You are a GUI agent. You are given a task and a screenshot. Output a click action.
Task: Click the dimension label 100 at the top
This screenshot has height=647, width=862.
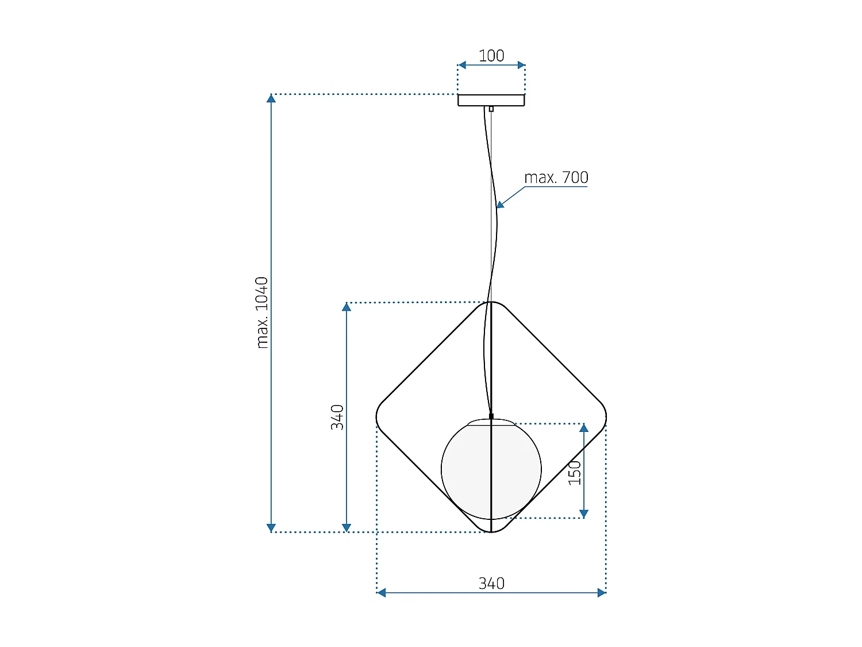[491, 56]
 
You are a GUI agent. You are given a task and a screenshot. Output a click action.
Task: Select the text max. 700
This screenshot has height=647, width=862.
[556, 178]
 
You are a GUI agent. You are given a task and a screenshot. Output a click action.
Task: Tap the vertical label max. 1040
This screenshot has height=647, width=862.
[262, 312]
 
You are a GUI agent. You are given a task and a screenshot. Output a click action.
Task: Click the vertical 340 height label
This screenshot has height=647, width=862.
[337, 417]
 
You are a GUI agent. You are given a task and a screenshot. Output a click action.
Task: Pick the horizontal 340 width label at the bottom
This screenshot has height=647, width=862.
[491, 583]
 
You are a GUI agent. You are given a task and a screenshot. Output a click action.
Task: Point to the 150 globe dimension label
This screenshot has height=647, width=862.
[575, 472]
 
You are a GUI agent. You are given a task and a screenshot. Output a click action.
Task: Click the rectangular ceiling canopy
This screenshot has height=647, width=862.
[491, 100]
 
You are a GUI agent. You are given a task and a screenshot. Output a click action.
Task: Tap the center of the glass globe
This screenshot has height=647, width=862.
[491, 469]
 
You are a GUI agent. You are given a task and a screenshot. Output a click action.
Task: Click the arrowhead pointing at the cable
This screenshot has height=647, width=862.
[500, 204]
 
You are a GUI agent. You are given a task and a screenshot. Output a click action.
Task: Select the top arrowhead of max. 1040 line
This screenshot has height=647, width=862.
[271, 98]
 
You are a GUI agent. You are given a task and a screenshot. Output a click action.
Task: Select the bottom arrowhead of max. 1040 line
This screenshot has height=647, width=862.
[271, 528]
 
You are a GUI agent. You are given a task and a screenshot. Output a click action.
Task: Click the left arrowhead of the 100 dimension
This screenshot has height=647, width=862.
[461, 65]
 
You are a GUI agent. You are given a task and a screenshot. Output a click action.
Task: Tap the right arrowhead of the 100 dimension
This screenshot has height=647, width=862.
[521, 65]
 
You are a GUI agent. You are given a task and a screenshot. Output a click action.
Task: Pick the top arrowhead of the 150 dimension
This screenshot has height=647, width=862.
[584, 428]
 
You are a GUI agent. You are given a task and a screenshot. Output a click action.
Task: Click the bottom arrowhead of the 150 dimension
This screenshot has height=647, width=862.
[584, 514]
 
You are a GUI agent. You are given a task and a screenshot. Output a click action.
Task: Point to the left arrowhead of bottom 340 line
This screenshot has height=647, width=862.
[381, 592]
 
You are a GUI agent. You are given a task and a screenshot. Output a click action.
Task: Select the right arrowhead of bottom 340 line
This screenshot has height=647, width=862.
[602, 592]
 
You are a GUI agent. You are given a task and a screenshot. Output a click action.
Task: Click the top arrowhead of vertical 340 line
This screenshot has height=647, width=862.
[347, 307]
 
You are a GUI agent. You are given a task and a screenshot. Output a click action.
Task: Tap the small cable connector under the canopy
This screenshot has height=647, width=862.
[491, 109]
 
